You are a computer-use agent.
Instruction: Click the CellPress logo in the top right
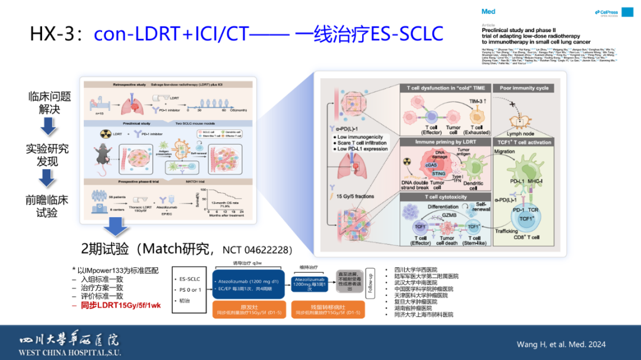coord(605,12)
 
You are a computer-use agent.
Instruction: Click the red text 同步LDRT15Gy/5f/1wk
coord(116,305)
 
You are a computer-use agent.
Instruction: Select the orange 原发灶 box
coord(249,309)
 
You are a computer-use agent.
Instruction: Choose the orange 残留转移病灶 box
coord(328,309)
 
